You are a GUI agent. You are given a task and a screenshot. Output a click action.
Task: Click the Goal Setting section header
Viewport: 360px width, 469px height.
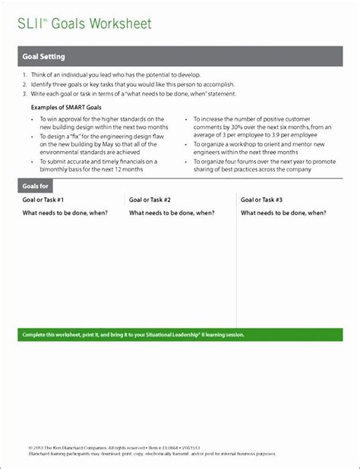click(43, 57)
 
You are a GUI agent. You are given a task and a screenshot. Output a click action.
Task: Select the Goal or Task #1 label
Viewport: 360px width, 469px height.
click(43, 200)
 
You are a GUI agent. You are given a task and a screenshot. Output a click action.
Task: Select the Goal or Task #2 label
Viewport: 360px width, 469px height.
click(150, 200)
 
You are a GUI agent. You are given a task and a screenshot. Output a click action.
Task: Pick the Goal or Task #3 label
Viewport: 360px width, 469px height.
click(261, 200)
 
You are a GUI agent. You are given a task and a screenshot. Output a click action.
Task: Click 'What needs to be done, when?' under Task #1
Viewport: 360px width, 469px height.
click(65, 213)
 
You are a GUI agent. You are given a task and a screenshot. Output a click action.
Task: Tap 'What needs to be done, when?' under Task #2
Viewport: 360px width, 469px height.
click(172, 213)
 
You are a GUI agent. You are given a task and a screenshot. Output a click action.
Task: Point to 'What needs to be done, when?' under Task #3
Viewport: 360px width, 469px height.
click(283, 213)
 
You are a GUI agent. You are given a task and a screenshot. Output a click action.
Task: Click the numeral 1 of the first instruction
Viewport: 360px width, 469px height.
click(24, 76)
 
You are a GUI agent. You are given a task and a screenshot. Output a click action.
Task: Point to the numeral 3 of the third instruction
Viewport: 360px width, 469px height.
click(24, 93)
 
